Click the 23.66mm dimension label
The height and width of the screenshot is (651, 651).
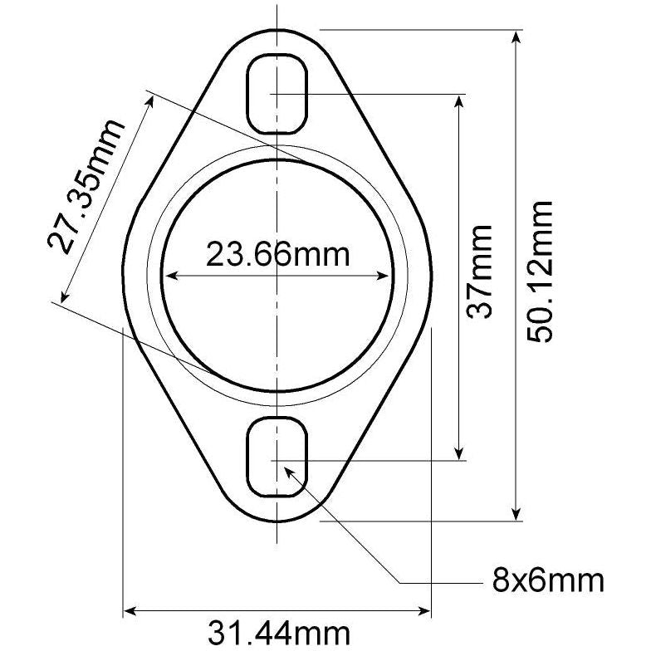[277, 254]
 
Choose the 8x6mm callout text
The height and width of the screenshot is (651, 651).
[549, 579]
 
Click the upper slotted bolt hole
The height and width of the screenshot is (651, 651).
[278, 93]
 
